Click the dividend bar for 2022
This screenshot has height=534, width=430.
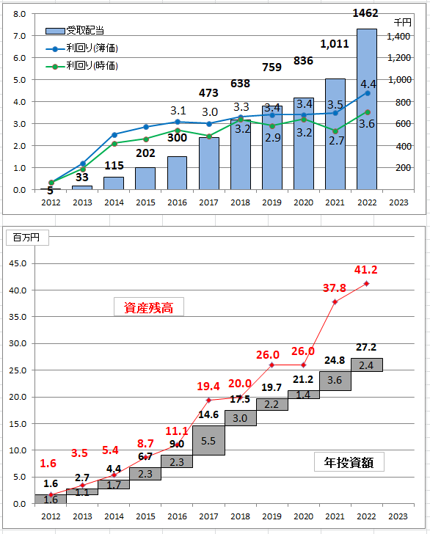[367, 109]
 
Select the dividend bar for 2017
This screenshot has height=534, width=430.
[209, 164]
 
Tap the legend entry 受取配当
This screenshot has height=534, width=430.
[75, 31]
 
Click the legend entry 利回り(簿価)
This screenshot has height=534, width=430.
[81, 48]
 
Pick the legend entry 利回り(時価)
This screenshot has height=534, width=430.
[81, 65]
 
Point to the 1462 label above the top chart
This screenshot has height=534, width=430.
[365, 13]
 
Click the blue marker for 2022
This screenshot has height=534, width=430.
[368, 93]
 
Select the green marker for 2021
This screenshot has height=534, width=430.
[335, 131]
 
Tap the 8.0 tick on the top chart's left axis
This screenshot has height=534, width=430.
[19, 14]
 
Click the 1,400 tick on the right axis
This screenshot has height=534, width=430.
[398, 37]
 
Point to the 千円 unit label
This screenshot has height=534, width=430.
[403, 23]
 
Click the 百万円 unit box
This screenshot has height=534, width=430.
[27, 238]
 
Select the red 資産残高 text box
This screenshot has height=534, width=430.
[148, 307]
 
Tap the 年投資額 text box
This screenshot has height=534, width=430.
[349, 462]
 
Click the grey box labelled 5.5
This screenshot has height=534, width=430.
[208, 440]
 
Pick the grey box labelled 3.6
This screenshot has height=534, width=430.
[335, 381]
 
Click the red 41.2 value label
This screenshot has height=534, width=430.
[365, 270]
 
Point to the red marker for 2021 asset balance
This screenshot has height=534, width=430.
[335, 301]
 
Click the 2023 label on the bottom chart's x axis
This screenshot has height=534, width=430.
[398, 516]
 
